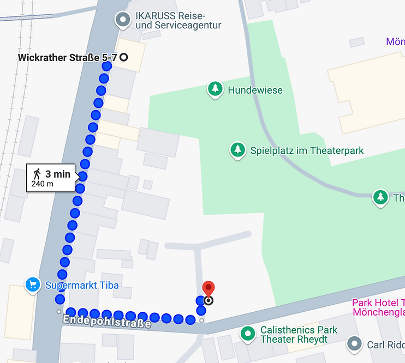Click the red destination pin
coord(209,289)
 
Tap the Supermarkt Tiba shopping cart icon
coord(33,285)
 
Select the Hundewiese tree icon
coord(215,89)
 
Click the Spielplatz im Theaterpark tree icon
coord(237,150)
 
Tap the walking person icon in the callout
coord(37,174)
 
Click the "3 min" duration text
coord(58,174)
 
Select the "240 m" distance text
coord(43,184)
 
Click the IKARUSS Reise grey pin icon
coord(123,20)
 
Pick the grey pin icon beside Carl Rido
coord(355,343)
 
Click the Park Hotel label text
coord(378,307)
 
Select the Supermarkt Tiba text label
coord(82,285)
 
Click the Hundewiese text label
coord(255,90)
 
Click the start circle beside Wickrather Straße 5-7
coord(124,57)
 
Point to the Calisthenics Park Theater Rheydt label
coord(299,335)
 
